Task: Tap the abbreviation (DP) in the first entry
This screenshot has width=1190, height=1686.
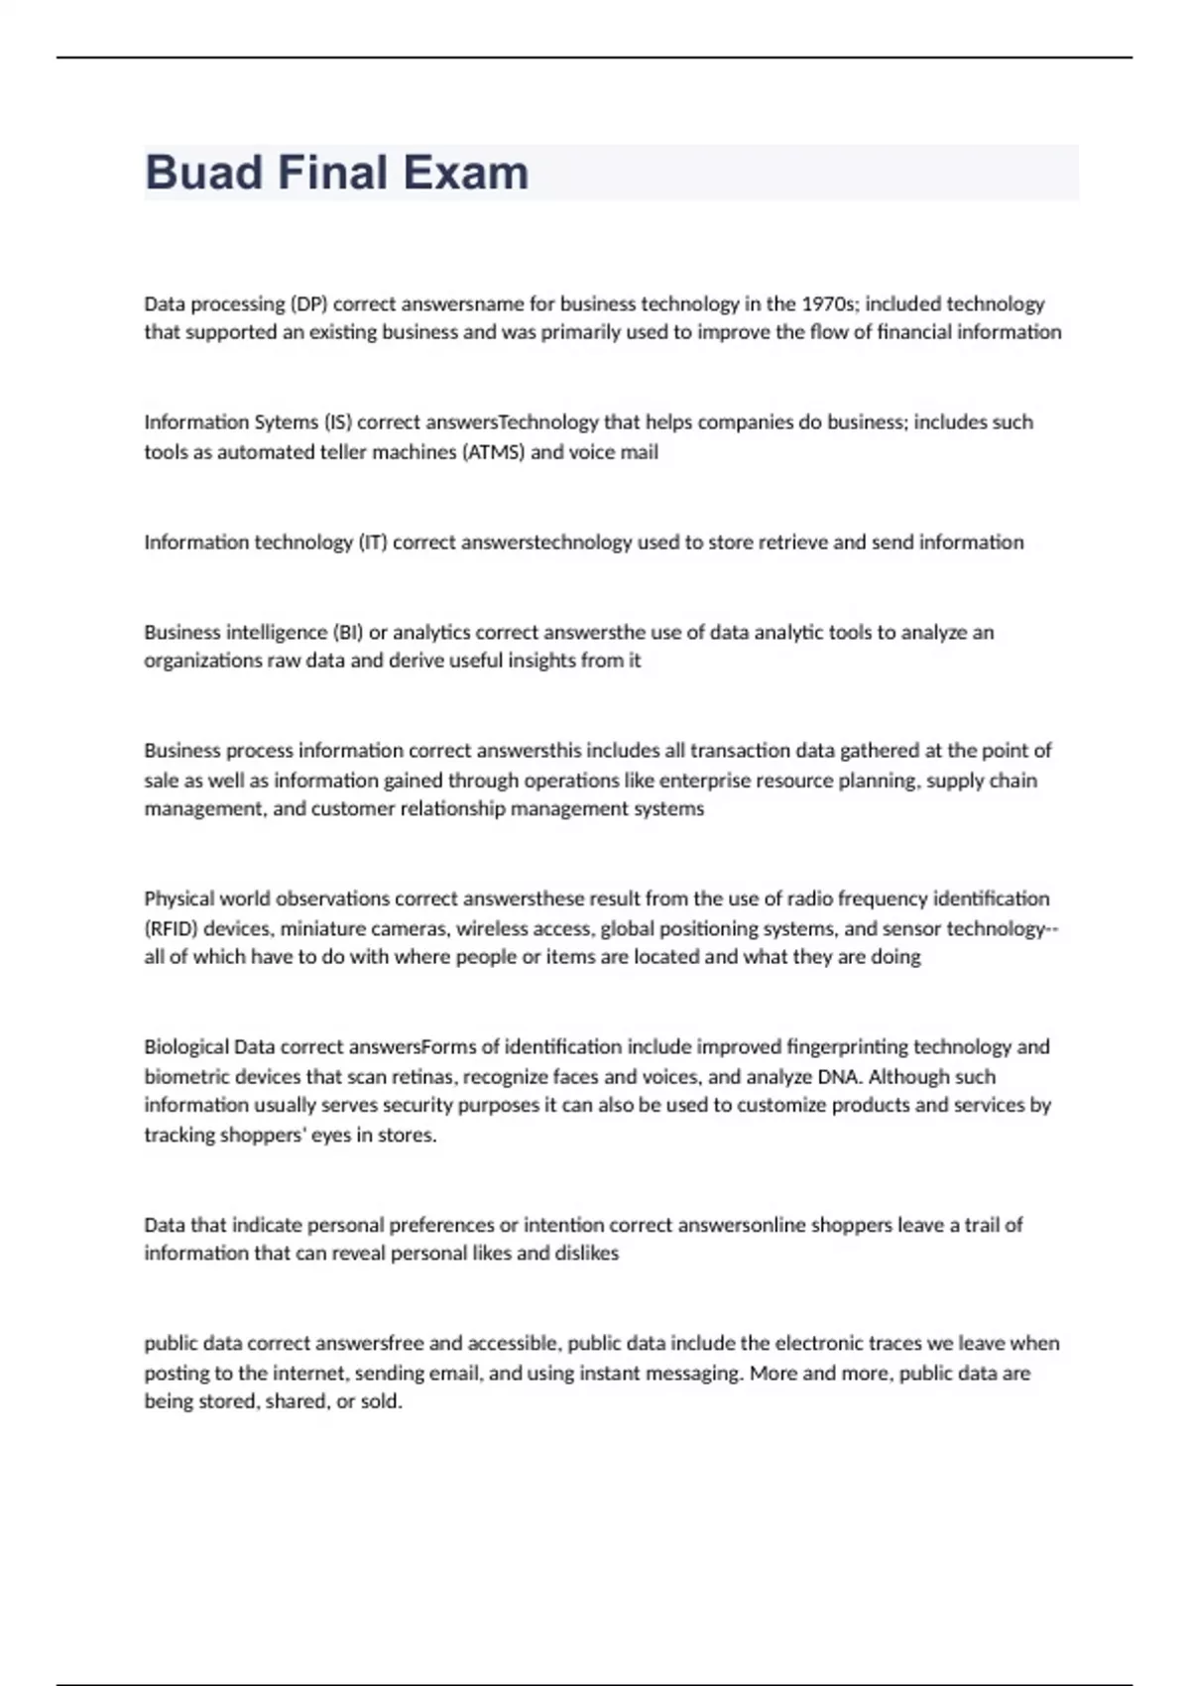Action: [x=309, y=303]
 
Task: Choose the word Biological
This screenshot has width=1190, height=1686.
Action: [x=185, y=1047]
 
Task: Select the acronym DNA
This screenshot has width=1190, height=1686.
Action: [x=838, y=1077]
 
